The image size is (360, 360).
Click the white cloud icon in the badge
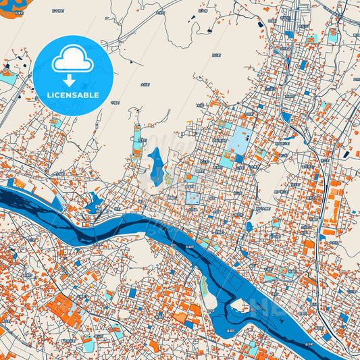(74, 61)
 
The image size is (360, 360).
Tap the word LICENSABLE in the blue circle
(74, 95)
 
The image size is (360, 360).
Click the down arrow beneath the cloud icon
(74, 80)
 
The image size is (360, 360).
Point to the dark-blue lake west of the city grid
(156, 163)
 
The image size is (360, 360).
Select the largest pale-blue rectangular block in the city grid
(238, 140)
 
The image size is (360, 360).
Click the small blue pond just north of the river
(94, 201)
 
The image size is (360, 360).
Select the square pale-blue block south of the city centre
(193, 198)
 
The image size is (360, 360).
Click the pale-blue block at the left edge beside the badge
(8, 78)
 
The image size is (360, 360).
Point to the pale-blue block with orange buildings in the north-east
(332, 36)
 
